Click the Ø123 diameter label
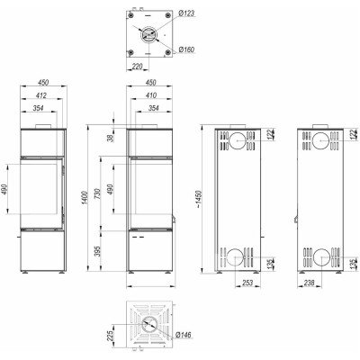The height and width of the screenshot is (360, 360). point(186,13)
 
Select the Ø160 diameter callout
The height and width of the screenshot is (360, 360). point(186,49)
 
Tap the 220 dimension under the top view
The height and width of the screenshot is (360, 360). point(137,67)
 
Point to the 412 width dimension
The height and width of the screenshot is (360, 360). point(41,95)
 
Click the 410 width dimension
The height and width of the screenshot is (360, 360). point(150,95)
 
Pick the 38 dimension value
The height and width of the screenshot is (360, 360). point(111,138)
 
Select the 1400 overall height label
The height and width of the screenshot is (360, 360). point(85,198)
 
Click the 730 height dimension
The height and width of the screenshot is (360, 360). point(98,193)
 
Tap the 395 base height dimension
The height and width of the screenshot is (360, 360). point(98,251)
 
